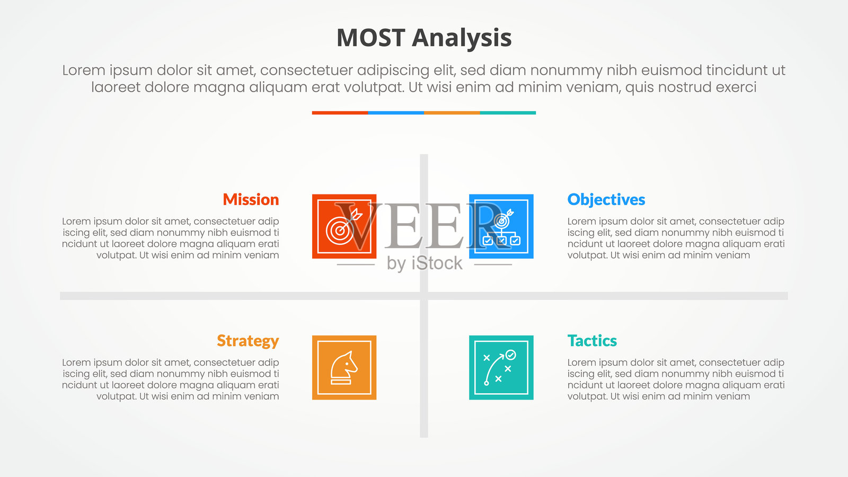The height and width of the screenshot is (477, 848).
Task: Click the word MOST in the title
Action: tap(370, 38)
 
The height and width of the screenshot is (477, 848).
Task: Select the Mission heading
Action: tap(251, 199)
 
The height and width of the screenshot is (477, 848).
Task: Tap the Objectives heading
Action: tap(606, 200)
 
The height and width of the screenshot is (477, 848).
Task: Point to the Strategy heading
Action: tap(248, 341)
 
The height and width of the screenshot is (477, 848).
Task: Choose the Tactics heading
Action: tap(592, 341)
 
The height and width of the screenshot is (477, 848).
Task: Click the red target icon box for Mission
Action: tap(344, 226)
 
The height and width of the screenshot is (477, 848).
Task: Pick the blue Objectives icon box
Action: tap(501, 226)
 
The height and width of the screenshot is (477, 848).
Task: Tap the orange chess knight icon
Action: tap(344, 368)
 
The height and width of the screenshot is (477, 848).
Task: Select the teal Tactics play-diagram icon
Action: tap(501, 368)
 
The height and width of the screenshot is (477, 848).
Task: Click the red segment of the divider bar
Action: tap(340, 113)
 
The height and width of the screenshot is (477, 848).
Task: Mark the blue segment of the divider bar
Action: tap(396, 113)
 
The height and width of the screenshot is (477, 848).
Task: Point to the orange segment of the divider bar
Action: tap(452, 113)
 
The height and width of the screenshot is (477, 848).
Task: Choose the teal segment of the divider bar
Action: tap(508, 113)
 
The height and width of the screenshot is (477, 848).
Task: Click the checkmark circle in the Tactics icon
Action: tap(511, 355)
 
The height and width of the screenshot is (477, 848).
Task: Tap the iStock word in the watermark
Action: tap(437, 263)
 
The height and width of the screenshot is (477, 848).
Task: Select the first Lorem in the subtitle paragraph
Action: tap(84, 70)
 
